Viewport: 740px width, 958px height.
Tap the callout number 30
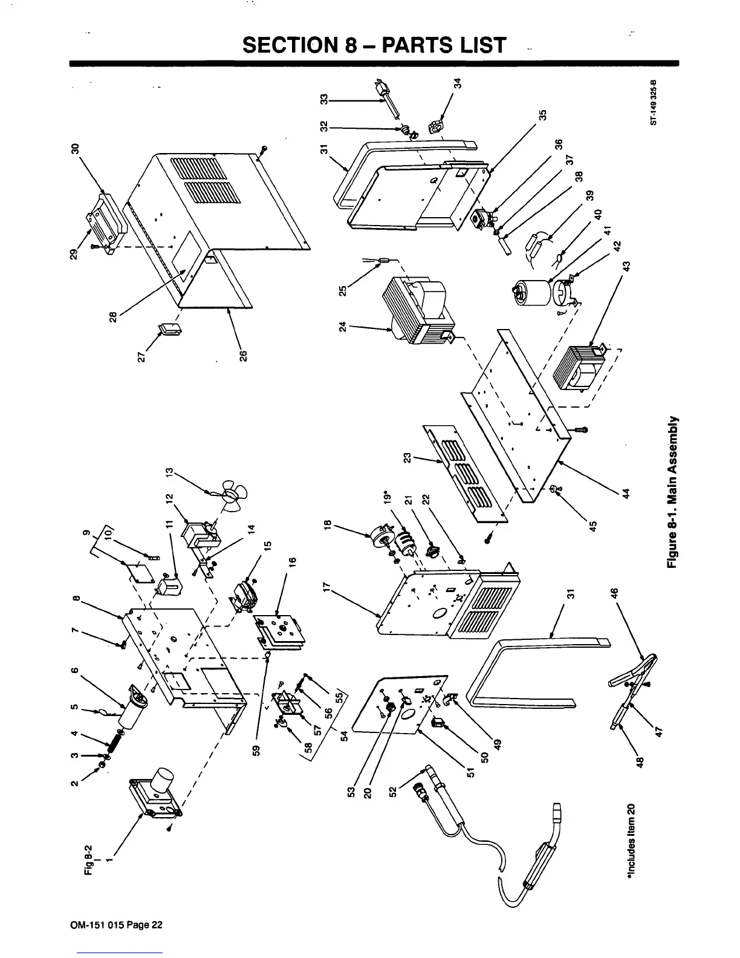(76, 149)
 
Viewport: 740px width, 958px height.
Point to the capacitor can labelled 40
(529, 295)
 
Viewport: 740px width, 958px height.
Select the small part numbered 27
(168, 330)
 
